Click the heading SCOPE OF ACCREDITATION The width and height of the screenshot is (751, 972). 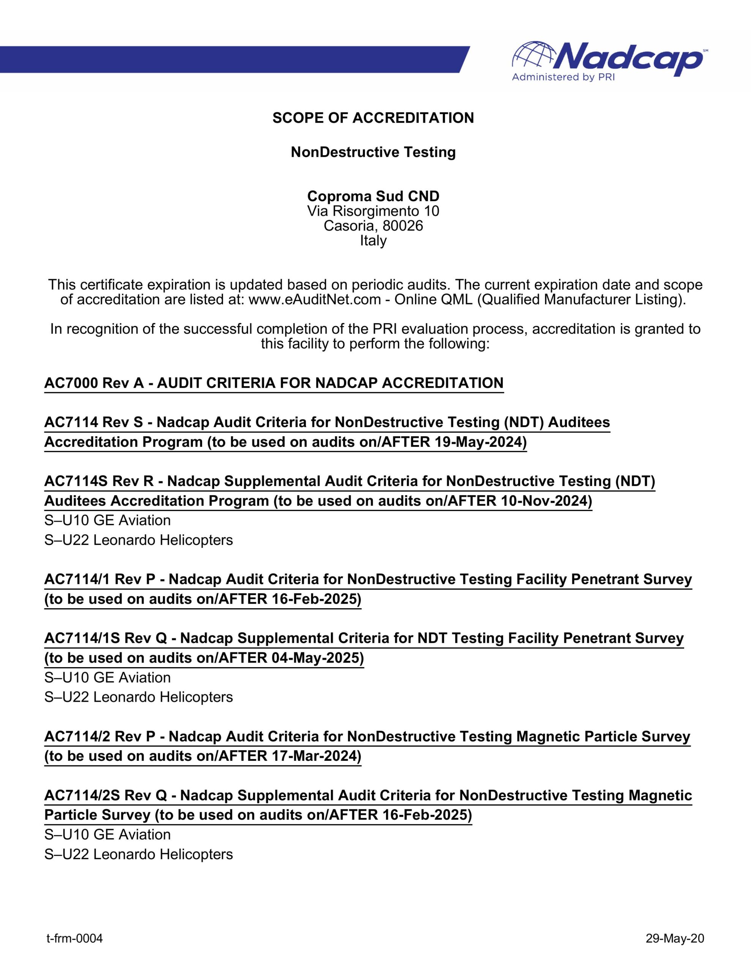373,118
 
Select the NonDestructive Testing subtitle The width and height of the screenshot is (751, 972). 373,152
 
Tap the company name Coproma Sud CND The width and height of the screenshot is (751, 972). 373,196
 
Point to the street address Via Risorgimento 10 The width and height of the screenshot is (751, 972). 373,211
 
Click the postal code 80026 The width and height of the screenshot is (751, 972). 402,226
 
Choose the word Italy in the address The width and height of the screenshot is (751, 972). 373,241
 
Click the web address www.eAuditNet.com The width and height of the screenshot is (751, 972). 315,300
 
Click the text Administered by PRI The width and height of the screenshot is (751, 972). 563,77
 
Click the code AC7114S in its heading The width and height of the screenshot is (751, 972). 74,481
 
